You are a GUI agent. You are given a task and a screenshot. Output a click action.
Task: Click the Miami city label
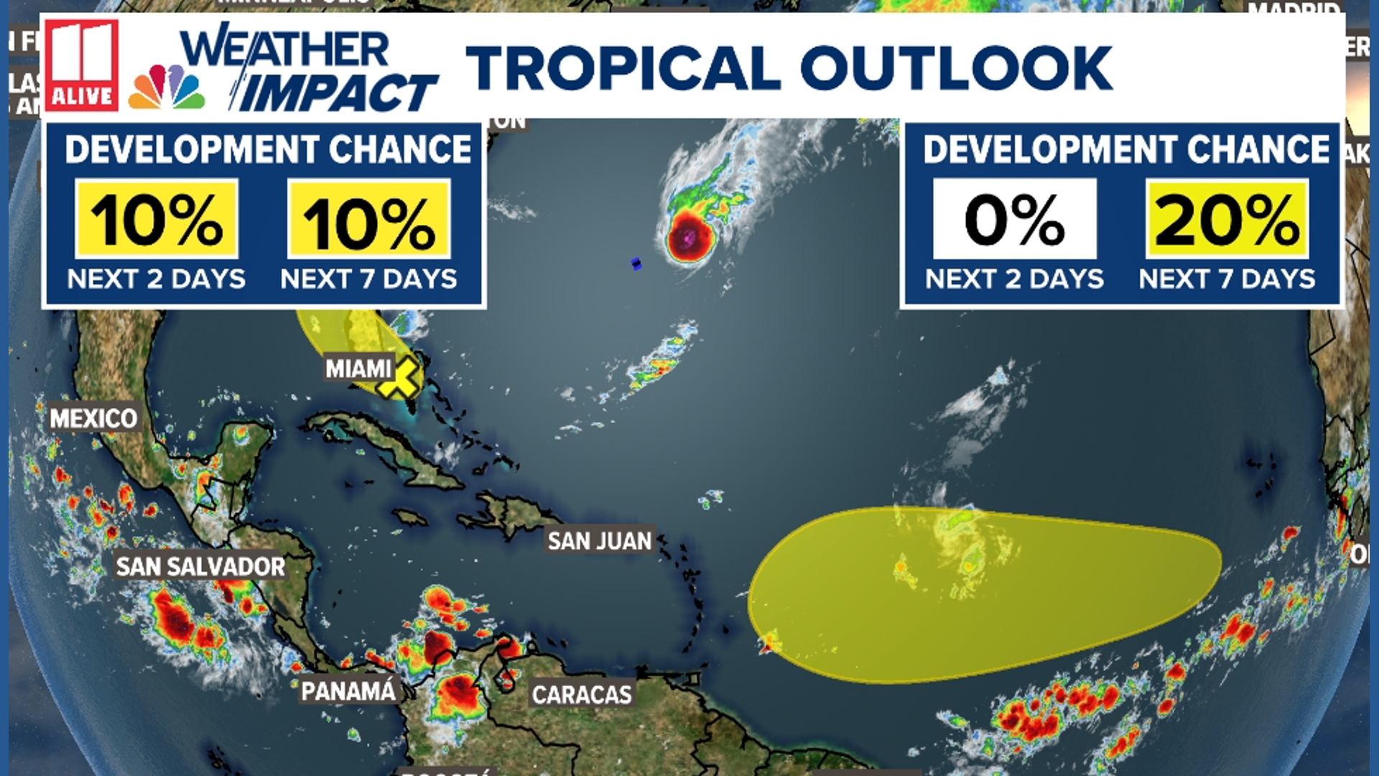click(358, 369)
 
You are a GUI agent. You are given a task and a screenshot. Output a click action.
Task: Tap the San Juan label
click(599, 540)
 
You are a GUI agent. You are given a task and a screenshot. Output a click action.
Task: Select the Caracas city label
click(582, 695)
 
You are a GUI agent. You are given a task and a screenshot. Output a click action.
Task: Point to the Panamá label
click(348, 691)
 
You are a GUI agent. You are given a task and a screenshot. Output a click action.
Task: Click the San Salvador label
click(200, 567)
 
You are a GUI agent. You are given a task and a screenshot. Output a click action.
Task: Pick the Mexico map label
click(93, 418)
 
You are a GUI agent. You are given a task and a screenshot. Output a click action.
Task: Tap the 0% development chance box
click(1014, 219)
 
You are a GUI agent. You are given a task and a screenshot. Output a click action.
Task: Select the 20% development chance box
click(1227, 219)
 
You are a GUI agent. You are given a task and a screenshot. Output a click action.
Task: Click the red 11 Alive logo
click(81, 66)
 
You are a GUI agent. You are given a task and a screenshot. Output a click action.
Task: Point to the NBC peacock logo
click(167, 88)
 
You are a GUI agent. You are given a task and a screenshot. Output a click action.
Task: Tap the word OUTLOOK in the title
click(957, 68)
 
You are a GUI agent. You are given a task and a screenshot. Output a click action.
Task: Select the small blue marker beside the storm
click(636, 264)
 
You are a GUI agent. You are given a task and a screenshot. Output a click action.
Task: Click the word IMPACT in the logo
click(336, 93)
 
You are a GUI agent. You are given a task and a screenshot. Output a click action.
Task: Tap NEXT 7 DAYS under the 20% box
click(1227, 279)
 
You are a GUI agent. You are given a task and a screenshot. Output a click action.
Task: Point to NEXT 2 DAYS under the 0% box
click(1014, 279)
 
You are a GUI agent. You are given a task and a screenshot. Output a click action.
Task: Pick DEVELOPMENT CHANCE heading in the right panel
click(1126, 149)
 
